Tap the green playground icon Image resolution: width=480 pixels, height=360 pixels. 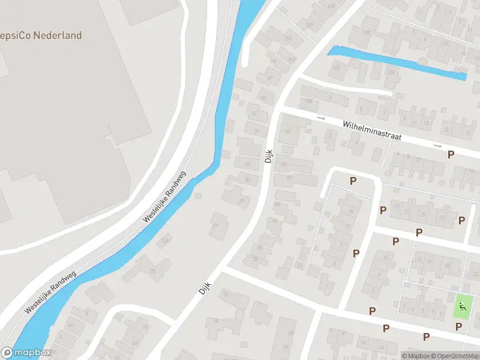461,307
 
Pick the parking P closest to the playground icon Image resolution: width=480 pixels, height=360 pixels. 459,326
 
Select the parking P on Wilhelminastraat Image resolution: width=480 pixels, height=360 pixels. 451,155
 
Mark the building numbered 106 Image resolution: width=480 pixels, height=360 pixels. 310,26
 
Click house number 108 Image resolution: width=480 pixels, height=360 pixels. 331,7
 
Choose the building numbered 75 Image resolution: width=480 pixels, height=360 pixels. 152,271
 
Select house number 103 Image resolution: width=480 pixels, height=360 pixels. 288,38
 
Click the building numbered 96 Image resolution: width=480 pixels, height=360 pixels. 287,131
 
